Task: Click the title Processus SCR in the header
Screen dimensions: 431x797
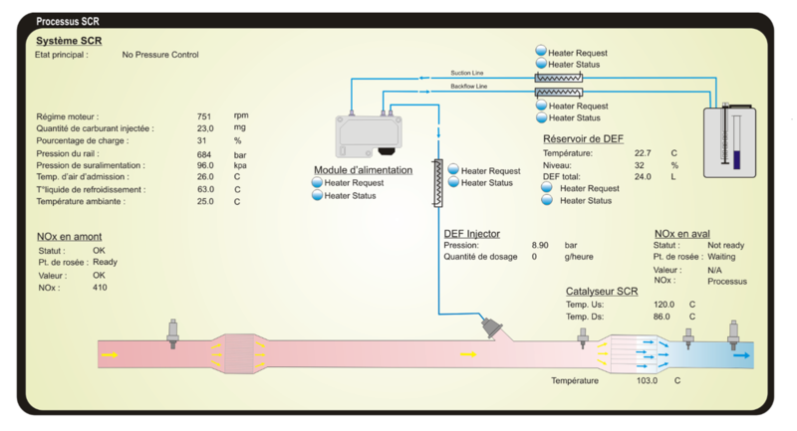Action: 67,21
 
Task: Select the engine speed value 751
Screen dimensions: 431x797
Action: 204,116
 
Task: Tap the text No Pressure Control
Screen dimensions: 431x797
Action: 160,55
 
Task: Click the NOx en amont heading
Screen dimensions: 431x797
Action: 69,237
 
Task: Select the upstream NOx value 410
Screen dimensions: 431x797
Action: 100,288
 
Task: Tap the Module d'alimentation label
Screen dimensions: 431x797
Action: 363,169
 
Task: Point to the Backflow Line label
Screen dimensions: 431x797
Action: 468,88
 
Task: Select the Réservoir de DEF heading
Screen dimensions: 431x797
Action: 584,138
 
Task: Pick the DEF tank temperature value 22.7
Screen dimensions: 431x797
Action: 644,153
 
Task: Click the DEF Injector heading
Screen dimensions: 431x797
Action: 472,233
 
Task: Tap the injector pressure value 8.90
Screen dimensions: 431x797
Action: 540,245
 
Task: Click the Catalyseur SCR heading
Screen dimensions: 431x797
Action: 602,291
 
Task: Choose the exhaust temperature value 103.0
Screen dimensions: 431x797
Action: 649,380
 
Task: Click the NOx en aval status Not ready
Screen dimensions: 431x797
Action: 726,245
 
